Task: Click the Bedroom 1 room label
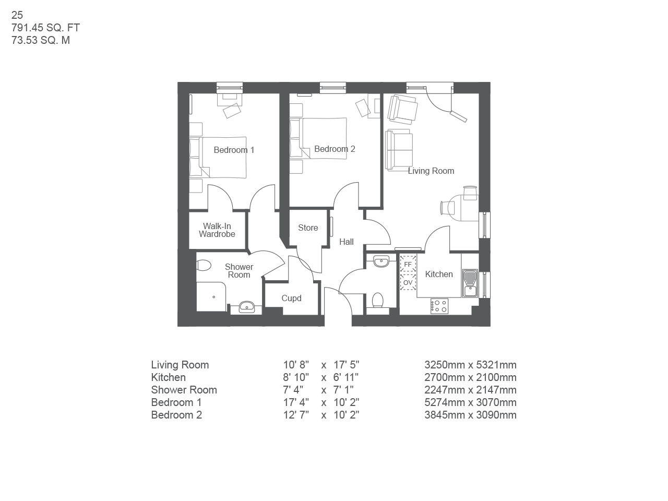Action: click(x=234, y=150)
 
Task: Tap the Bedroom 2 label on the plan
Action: click(x=335, y=149)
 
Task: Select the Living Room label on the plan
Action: click(x=431, y=171)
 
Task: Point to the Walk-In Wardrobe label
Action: click(x=217, y=230)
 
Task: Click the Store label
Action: click(x=308, y=228)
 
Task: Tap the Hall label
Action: click(x=347, y=242)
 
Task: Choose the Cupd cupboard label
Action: click(x=291, y=299)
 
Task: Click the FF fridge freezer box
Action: click(x=408, y=265)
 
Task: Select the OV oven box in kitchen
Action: click(x=408, y=283)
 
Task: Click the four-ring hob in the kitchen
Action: click(x=439, y=306)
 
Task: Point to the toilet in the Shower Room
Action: click(x=204, y=266)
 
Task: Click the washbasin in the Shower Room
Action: click(x=247, y=307)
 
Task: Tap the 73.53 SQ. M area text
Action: click(x=41, y=41)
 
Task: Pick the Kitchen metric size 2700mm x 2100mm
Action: click(x=470, y=377)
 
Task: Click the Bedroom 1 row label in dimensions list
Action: click(x=176, y=402)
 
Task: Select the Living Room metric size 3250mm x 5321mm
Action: click(x=470, y=365)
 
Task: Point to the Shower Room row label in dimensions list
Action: click(x=184, y=390)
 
